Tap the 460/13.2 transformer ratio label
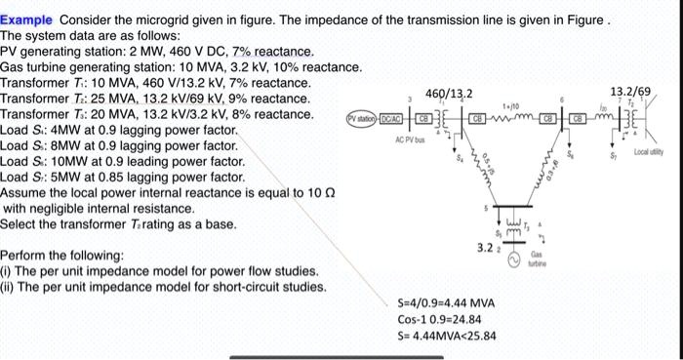click(452, 94)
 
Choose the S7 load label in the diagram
click(613, 153)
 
